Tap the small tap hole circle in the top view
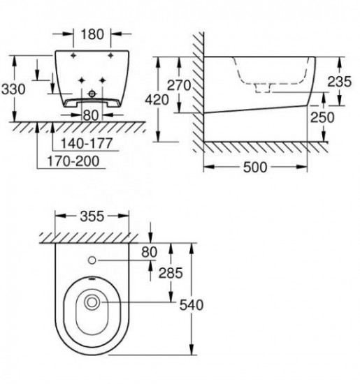[92, 261]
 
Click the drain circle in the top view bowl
[92, 303]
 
